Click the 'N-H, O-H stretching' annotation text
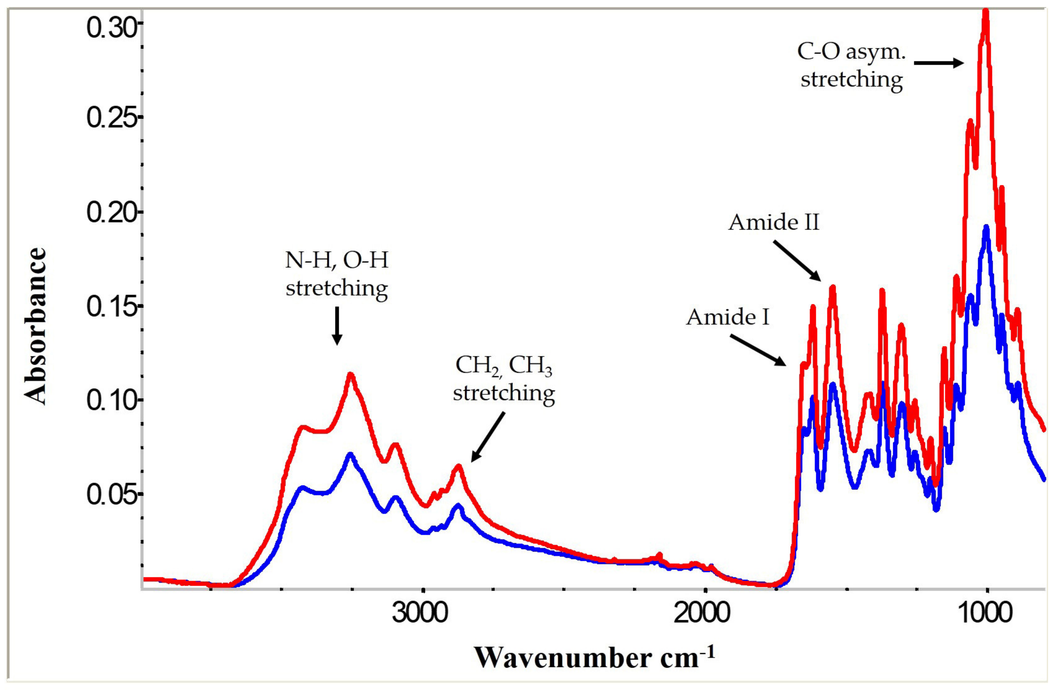[337, 274]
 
